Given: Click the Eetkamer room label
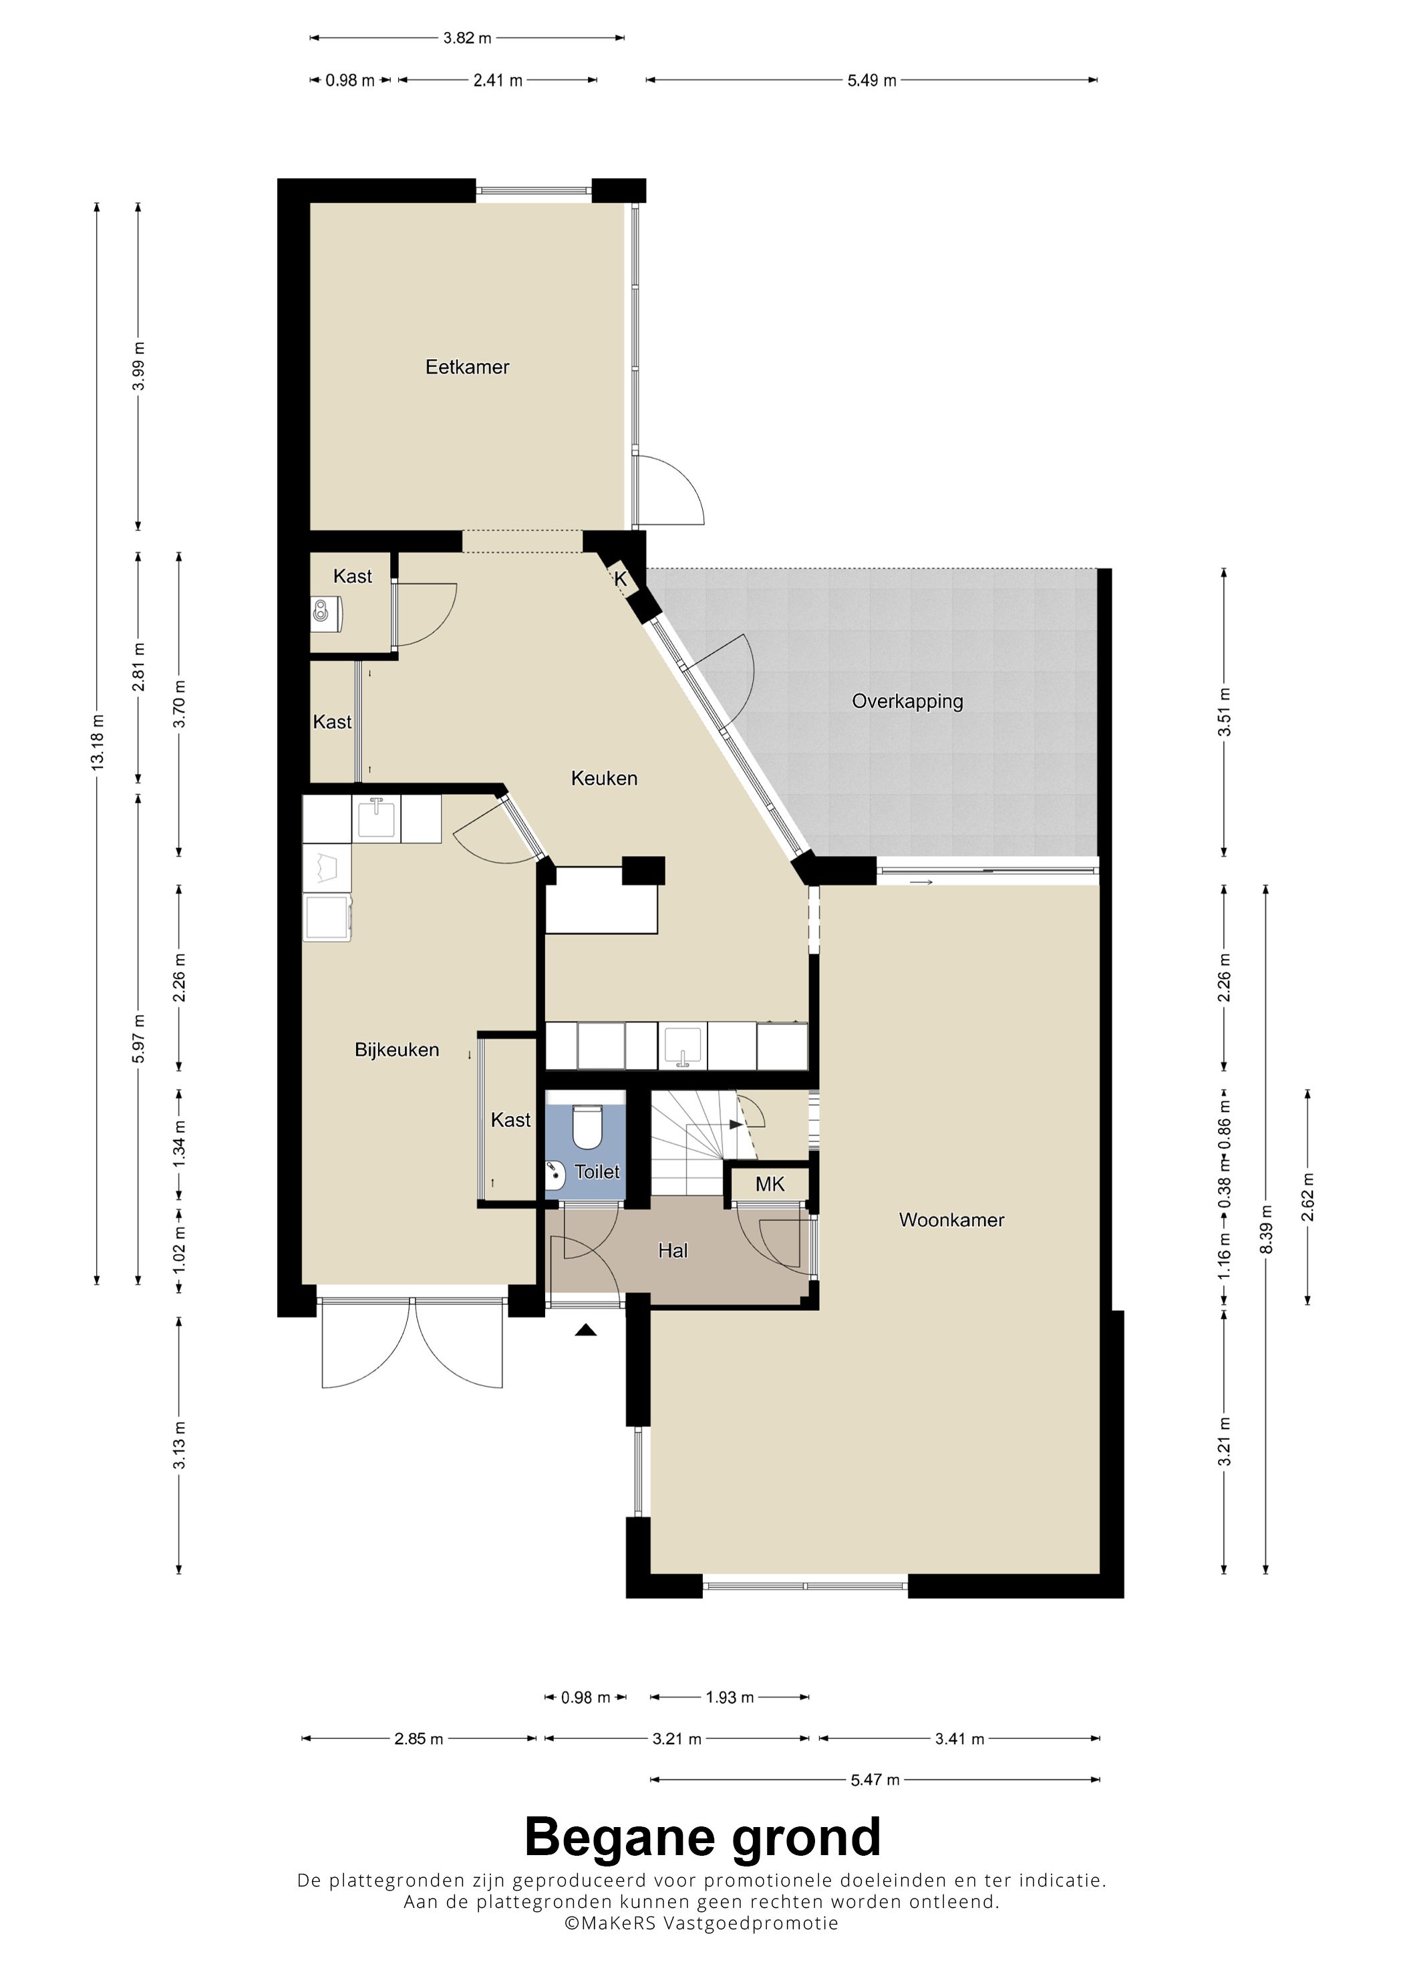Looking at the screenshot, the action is coord(467,367).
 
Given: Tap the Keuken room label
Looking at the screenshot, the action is coord(604,779).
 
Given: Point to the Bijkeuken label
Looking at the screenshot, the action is coord(397,1050).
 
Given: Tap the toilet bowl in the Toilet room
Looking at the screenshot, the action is coord(588,1128).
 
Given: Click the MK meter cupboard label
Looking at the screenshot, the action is coord(770,1184).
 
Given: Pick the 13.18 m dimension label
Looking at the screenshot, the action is coord(98,743).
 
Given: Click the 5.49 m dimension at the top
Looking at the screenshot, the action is coord(871,80).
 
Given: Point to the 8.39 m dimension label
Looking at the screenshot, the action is coord(1267,1229).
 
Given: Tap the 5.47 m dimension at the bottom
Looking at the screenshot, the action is coord(875,1780).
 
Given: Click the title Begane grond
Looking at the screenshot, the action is coord(702,1838).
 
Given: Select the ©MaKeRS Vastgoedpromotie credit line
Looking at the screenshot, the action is coord(701,1923).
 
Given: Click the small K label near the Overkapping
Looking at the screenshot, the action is coord(621,580).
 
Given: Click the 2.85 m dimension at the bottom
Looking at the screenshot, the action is coord(418,1739).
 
